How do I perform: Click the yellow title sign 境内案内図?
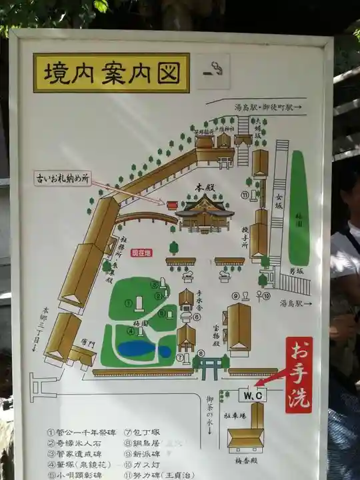[111, 72]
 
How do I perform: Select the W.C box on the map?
[252, 395]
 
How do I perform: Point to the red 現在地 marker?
[141, 253]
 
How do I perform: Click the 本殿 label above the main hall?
[203, 189]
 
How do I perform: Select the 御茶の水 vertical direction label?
[210, 408]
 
